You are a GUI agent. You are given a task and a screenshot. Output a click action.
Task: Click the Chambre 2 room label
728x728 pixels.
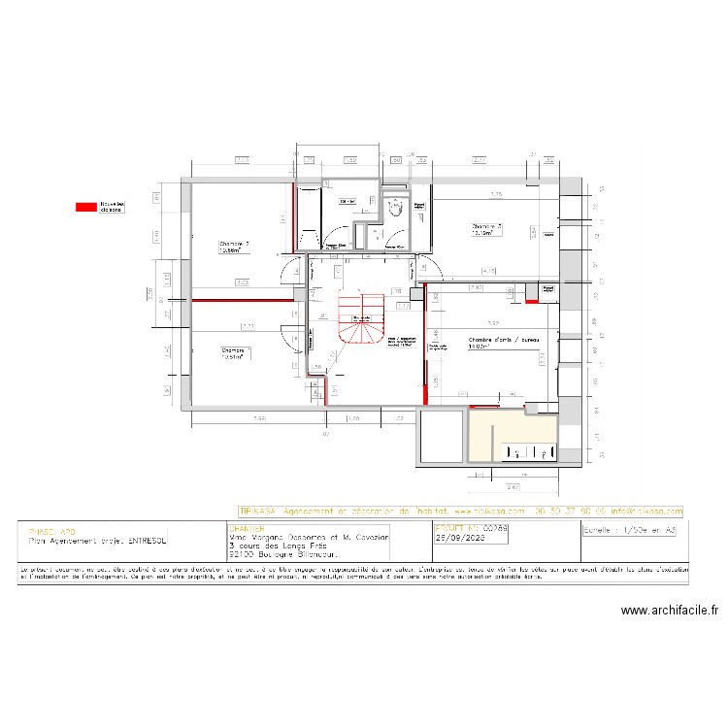coord(235,247)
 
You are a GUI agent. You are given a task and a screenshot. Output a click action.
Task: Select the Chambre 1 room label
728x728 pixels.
coord(236,352)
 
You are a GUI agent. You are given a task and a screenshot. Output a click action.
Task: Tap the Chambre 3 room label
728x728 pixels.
coord(485,230)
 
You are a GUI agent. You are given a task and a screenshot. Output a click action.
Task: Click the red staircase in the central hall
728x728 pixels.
coord(362,319)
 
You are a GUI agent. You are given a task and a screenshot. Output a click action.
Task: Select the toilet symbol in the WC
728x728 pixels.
coord(396,208)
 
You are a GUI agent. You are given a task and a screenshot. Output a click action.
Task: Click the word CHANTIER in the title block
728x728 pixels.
coord(244,529)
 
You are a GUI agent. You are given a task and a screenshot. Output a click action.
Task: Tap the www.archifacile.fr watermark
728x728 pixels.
coord(669,612)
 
